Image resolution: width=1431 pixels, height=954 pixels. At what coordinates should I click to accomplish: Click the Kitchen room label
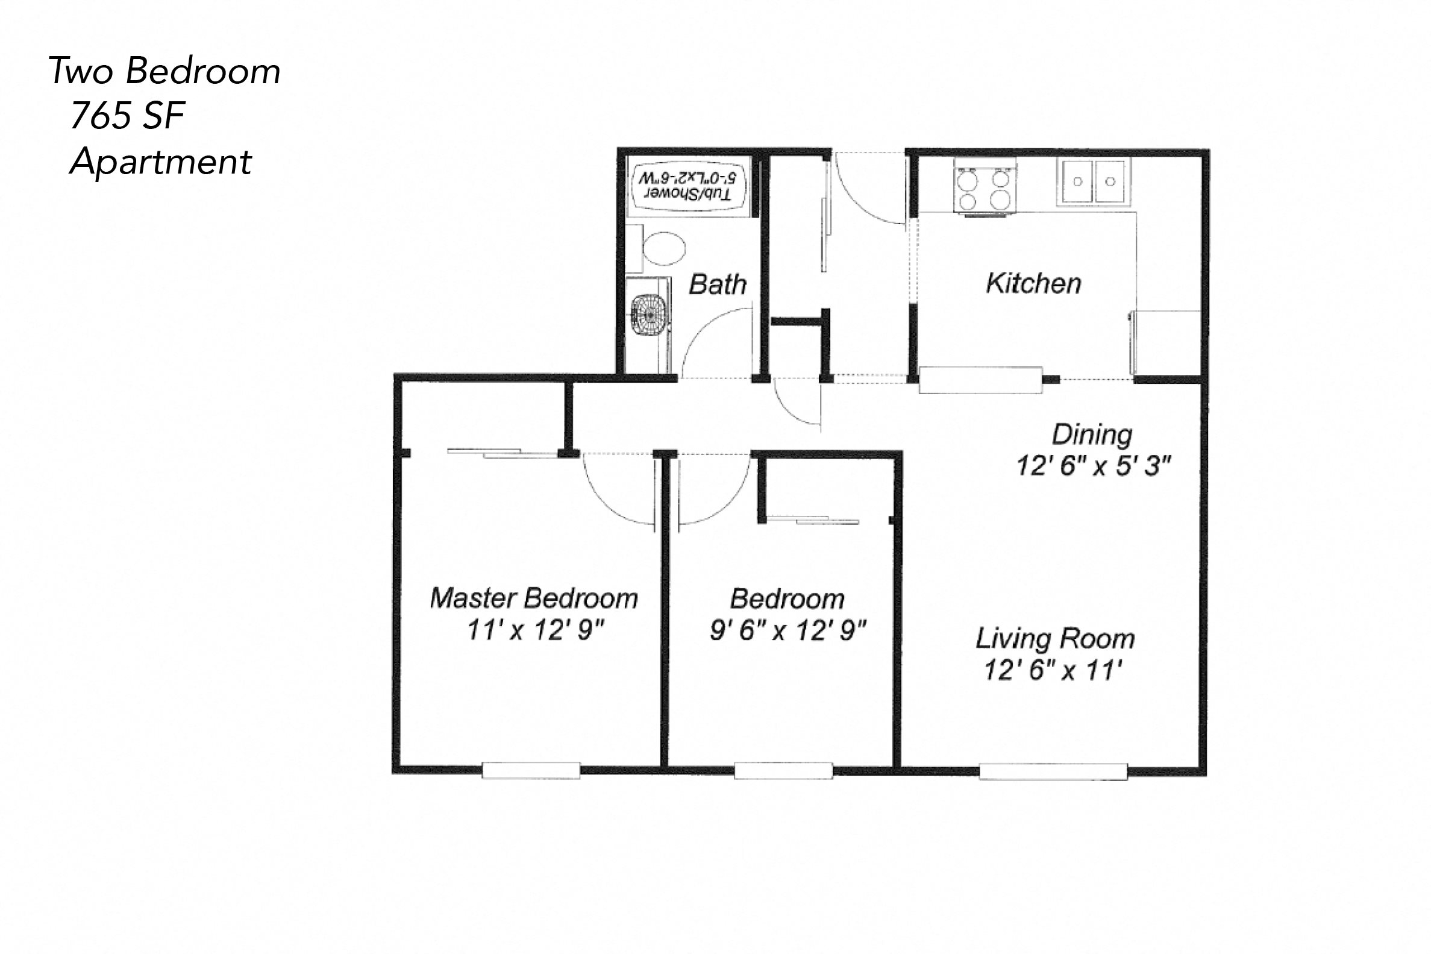[1033, 283]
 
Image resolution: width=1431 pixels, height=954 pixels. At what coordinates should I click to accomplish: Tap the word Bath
[717, 284]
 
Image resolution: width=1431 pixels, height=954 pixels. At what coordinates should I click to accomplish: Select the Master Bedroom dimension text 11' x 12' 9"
[535, 630]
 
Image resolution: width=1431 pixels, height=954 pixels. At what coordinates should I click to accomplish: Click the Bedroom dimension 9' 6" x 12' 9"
[788, 631]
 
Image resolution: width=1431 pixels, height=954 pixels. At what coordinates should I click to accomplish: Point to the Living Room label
[1054, 639]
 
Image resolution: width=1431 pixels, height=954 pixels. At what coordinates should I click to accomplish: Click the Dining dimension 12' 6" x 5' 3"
[1093, 466]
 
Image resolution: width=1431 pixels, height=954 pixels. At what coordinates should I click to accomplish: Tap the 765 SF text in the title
[127, 116]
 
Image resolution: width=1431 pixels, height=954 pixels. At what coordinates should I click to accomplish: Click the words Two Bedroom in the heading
[164, 71]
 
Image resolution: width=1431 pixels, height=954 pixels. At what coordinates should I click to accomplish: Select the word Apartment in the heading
[160, 162]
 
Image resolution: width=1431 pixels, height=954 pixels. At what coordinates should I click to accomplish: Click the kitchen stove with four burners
[984, 187]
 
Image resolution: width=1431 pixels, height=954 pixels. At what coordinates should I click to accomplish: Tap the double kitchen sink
[1093, 182]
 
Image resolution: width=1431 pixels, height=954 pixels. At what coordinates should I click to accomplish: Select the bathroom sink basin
[649, 315]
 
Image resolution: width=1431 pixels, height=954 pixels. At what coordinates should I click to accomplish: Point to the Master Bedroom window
[530, 770]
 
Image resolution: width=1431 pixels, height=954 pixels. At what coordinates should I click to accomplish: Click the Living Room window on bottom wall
[1053, 771]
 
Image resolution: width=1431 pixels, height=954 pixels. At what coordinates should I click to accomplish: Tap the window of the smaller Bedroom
[783, 771]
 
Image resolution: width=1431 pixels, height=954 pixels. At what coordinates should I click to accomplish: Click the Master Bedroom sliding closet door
[504, 453]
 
